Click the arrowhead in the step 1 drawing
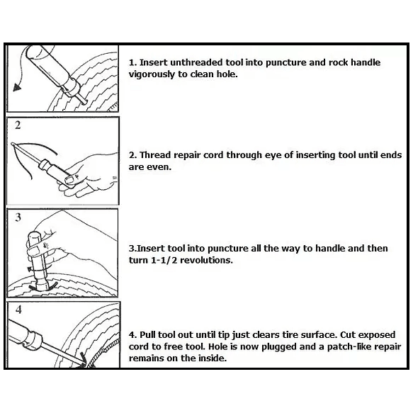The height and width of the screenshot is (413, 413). [17, 87]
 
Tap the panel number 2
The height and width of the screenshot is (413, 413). [18, 125]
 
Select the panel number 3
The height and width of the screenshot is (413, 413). [18, 217]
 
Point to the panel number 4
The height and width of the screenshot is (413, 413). [18, 310]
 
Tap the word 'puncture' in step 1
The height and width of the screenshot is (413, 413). [286, 63]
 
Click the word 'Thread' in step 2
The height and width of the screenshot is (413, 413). [155, 155]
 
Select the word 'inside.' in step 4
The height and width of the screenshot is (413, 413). [213, 358]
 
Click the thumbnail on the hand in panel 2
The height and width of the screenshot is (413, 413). [69, 180]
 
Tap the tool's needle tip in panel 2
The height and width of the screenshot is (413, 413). [12, 144]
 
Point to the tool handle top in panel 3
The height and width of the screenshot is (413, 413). [34, 234]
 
